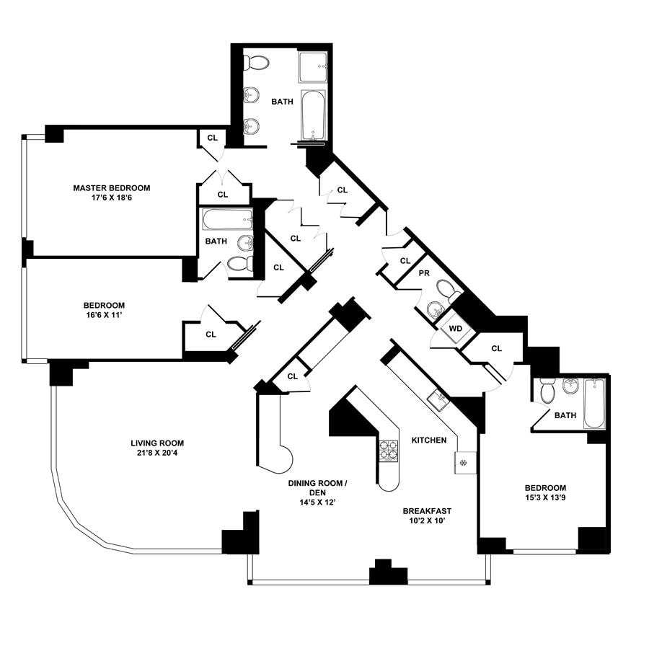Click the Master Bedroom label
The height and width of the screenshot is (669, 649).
pyautogui.click(x=112, y=188)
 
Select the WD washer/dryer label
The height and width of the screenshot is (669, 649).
pyautogui.click(x=455, y=329)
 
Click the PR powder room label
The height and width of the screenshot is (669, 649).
pyautogui.click(x=425, y=274)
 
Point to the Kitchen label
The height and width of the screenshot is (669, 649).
pyautogui.click(x=428, y=440)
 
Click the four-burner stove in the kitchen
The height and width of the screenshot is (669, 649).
pyautogui.click(x=389, y=451)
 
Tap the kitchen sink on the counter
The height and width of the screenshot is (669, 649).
pyautogui.click(x=438, y=397)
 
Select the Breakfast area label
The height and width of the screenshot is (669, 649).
pyautogui.click(x=428, y=510)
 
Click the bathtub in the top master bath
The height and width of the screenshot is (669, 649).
pyautogui.click(x=312, y=114)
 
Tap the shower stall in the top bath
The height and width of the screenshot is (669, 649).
pyautogui.click(x=312, y=68)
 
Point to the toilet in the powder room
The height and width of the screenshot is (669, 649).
pyautogui.click(x=449, y=291)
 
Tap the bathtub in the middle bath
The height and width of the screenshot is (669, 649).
pyautogui.click(x=226, y=219)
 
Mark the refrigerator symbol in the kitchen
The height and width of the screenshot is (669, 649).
pyautogui.click(x=464, y=462)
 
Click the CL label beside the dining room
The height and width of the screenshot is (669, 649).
pyautogui.click(x=292, y=376)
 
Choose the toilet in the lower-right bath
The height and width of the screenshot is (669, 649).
pyautogui.click(x=547, y=391)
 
